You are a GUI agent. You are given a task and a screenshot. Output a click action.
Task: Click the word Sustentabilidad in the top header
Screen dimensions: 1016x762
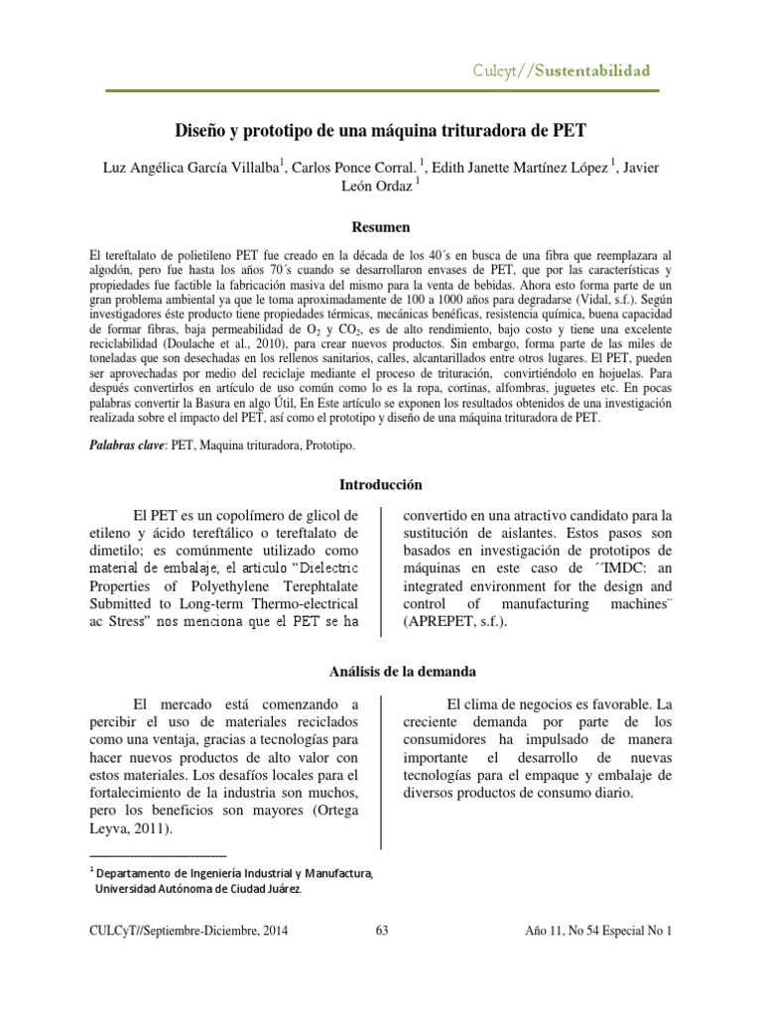click(593, 70)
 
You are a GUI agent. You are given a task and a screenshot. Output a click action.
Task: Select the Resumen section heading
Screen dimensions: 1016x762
click(381, 227)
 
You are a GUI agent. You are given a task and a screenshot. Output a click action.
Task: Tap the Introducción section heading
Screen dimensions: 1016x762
click(381, 484)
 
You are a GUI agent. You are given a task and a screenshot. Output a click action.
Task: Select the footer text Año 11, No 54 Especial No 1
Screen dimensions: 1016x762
click(598, 930)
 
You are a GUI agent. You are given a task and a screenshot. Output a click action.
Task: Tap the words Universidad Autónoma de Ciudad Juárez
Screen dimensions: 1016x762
click(197, 889)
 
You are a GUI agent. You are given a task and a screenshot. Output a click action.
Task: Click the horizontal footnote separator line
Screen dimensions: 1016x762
click(159, 854)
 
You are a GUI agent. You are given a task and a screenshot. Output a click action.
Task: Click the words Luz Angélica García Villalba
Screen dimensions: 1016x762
click(189, 167)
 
